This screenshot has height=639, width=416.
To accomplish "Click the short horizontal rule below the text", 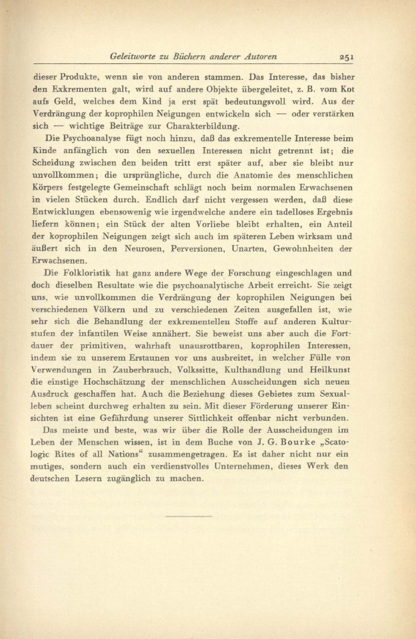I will (x=188, y=516).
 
